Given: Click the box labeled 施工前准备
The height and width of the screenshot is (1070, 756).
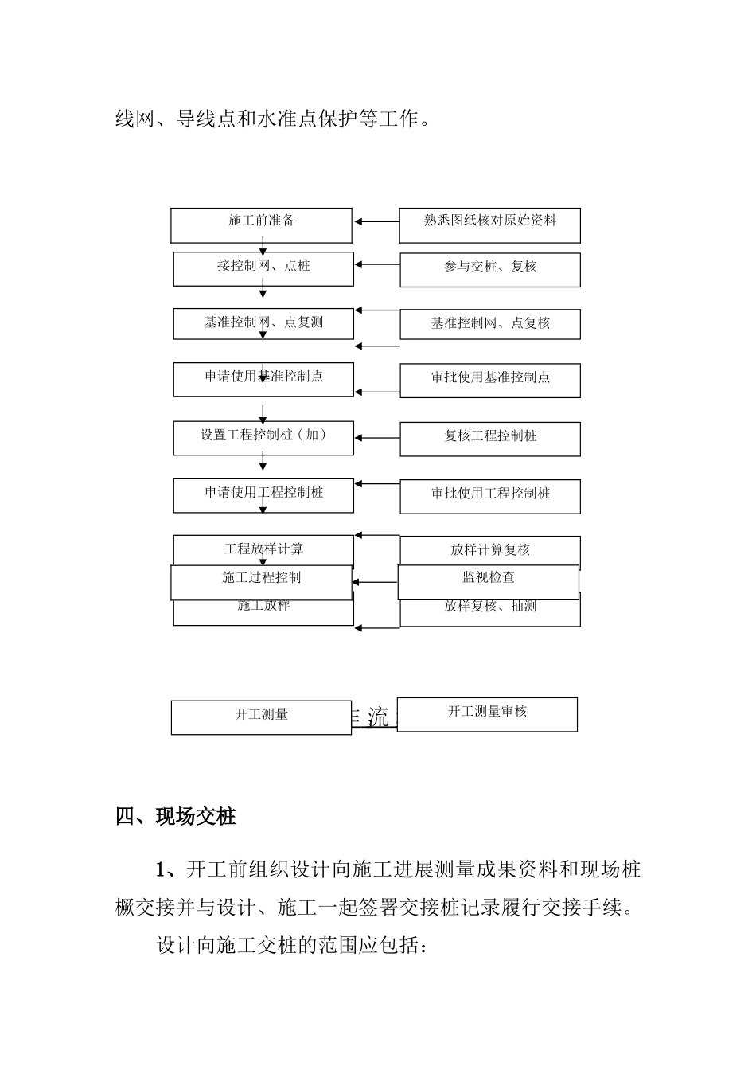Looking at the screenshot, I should (x=261, y=225).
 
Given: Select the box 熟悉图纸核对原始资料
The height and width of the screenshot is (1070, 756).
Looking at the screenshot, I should (x=489, y=225).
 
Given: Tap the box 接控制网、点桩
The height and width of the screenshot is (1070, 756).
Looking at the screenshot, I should (x=263, y=269).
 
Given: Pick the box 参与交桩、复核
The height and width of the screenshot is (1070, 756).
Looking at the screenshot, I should (x=489, y=270).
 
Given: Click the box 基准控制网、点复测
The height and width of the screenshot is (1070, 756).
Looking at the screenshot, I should (x=263, y=323).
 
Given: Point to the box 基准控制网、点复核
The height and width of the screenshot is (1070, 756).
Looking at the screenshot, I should (x=489, y=324).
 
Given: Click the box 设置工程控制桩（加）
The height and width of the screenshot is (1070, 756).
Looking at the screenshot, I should (x=263, y=438).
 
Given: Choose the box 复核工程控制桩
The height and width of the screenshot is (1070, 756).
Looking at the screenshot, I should (x=489, y=439).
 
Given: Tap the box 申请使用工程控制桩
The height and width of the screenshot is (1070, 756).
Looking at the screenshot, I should (x=263, y=495).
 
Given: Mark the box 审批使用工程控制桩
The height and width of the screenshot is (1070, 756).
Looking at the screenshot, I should (x=489, y=496).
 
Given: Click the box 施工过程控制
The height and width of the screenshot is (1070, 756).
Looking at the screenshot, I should (x=261, y=582).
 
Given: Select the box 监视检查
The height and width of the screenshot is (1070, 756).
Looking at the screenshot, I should (x=488, y=582).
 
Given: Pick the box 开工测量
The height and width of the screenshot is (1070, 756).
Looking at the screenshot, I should (x=261, y=717).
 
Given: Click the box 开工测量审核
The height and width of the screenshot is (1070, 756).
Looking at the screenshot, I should (x=487, y=714).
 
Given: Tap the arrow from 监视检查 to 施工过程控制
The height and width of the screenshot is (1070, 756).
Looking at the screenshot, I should (x=375, y=583).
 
